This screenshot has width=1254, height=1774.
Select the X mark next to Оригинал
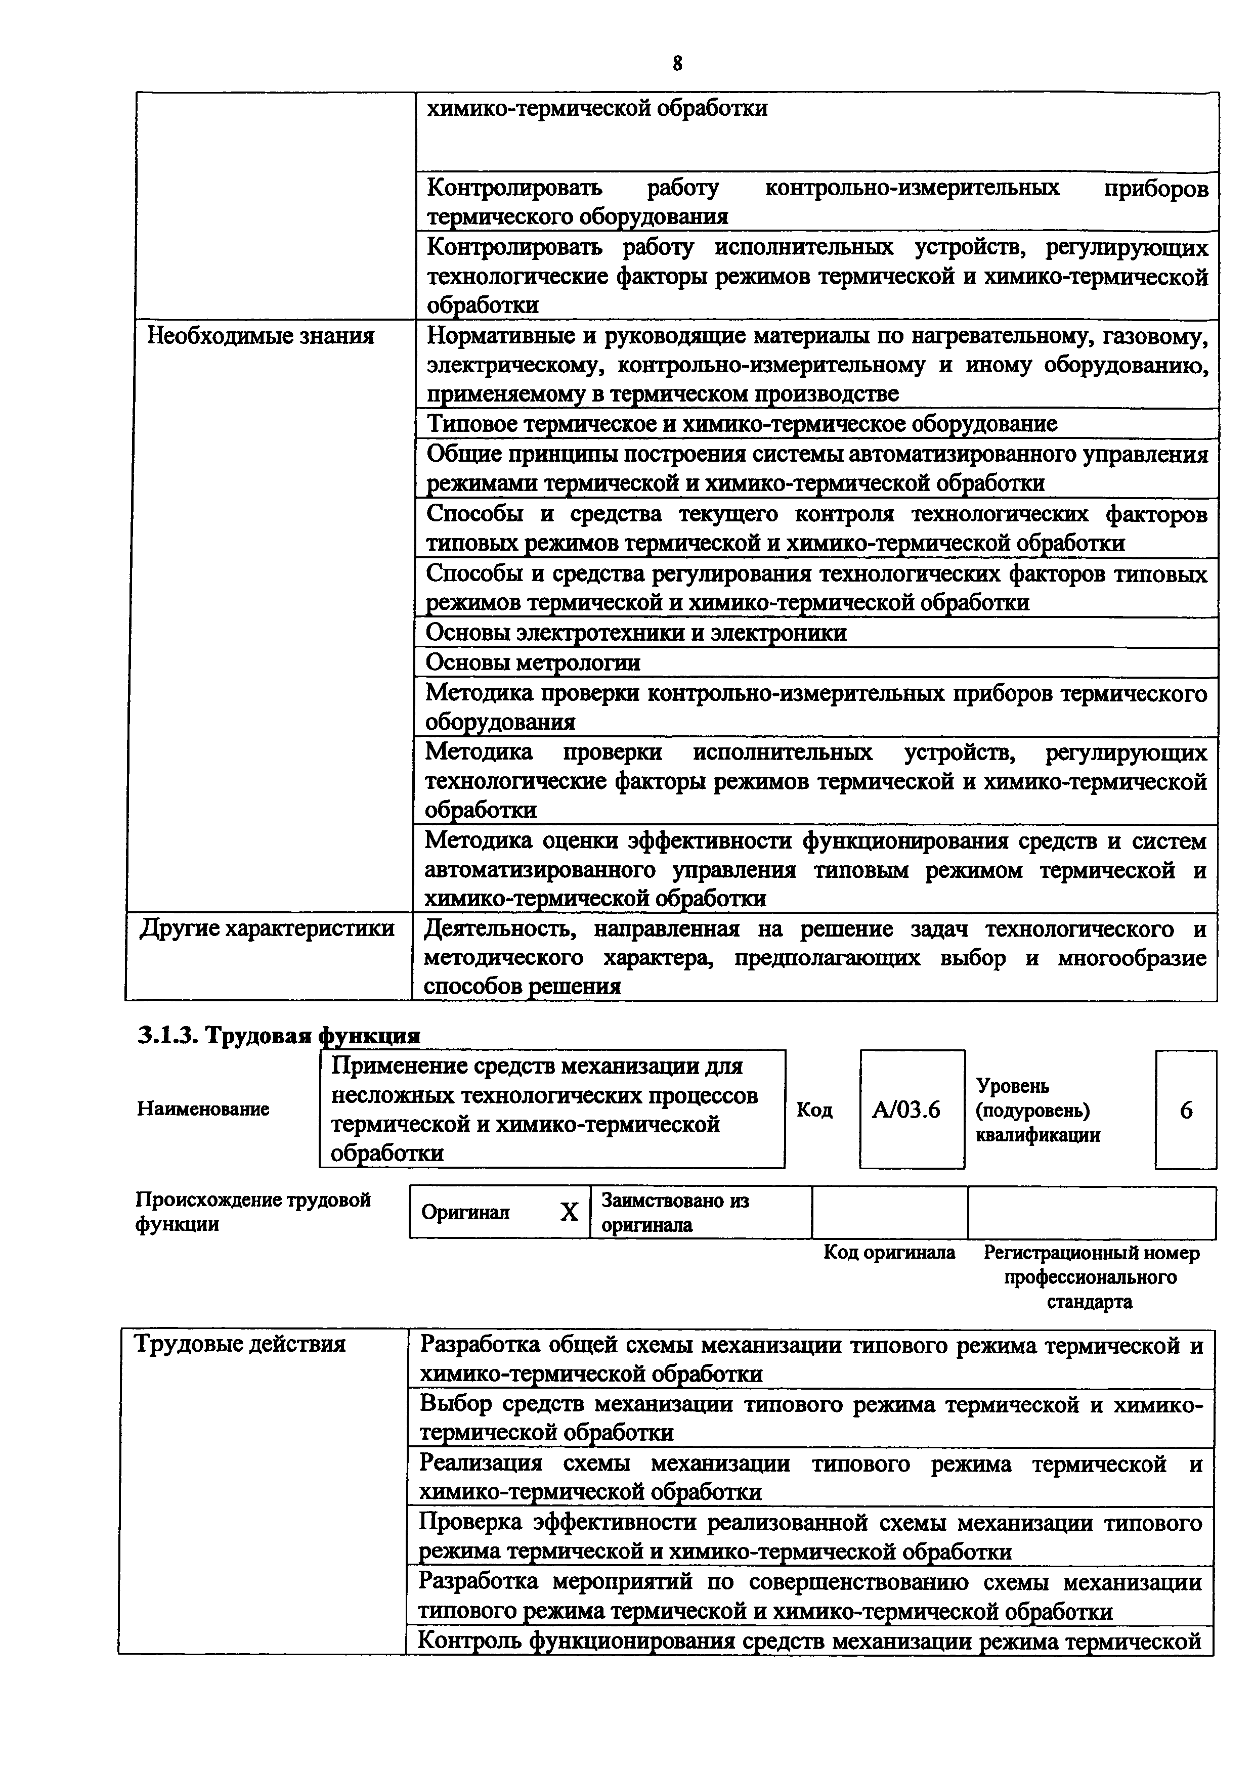(568, 1212)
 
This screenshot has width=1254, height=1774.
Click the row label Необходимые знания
(261, 336)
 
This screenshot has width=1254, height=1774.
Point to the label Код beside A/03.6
(814, 1111)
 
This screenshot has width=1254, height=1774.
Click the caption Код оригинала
(889, 1253)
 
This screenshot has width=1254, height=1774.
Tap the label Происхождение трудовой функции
(252, 1212)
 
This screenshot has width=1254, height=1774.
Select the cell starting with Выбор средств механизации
(810, 1418)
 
